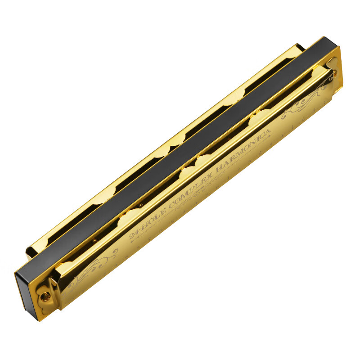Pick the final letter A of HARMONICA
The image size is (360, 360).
point(268,134)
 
